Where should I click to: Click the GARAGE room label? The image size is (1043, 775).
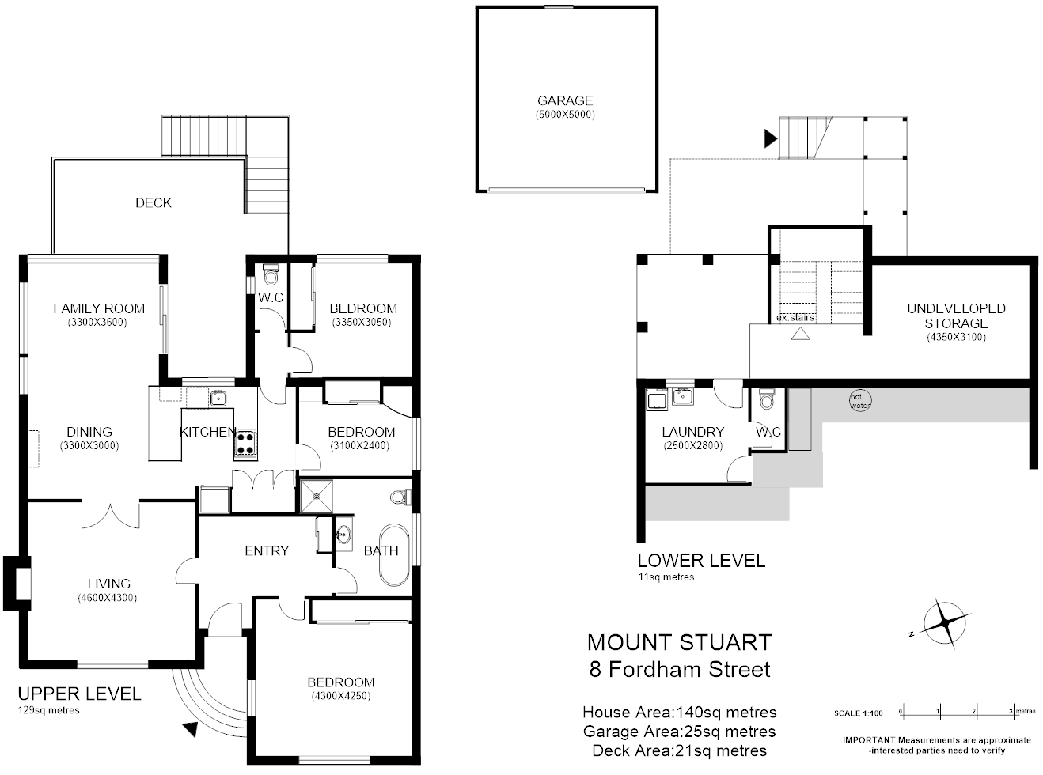coord(564,100)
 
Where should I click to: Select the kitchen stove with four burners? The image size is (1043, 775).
coord(245,444)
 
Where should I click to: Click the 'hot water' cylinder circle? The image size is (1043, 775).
coord(859,401)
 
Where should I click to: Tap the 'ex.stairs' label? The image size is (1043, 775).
coord(795,318)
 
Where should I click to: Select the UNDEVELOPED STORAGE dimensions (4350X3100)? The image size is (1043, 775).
coord(956,337)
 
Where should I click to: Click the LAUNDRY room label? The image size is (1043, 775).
coord(692,432)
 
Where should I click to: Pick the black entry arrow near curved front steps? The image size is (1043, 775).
coord(190,729)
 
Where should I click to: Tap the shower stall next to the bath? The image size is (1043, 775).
coord(317,496)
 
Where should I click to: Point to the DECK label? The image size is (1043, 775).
coord(153,203)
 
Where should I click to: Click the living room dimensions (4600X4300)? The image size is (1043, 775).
coord(108,598)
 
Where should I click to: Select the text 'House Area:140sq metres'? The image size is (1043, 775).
coord(679,713)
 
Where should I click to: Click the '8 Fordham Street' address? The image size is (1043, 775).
coord(679,669)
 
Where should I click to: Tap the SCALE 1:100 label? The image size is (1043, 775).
coord(858,713)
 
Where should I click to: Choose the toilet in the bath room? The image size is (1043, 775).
coord(401,497)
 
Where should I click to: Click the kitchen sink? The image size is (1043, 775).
coord(218,398)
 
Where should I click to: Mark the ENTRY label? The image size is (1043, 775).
coord(267,550)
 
